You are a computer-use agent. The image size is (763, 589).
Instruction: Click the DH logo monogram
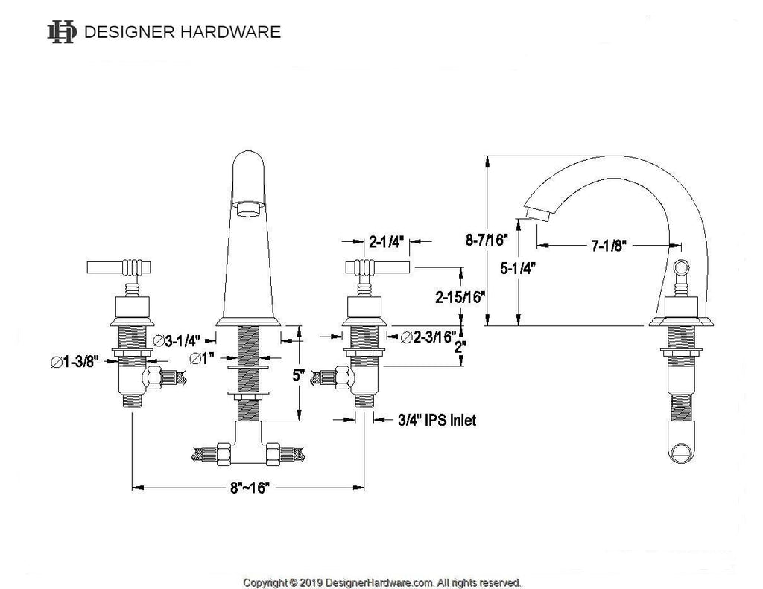click(62, 32)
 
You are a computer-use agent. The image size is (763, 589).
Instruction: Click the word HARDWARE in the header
click(231, 32)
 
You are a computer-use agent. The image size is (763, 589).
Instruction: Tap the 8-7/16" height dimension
click(487, 240)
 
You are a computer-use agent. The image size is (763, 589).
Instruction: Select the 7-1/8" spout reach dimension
click(608, 246)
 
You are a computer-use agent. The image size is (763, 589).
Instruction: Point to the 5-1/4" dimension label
click(518, 267)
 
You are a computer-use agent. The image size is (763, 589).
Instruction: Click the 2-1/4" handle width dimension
click(387, 241)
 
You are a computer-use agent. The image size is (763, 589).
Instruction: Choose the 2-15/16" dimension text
click(460, 296)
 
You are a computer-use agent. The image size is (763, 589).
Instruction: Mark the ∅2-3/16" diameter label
click(428, 337)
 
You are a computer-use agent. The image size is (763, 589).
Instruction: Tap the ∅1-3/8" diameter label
click(75, 362)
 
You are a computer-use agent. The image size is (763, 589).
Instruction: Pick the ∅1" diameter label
click(202, 358)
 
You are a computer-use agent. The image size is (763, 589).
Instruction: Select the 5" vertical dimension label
click(298, 375)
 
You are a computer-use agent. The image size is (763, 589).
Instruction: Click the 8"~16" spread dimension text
click(250, 487)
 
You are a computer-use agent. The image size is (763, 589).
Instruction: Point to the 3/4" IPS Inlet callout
click(437, 420)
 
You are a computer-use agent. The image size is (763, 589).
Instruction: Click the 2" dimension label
click(460, 347)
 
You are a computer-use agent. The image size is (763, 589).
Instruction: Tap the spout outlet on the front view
click(249, 209)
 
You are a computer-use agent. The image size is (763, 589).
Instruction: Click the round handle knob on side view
click(681, 267)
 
